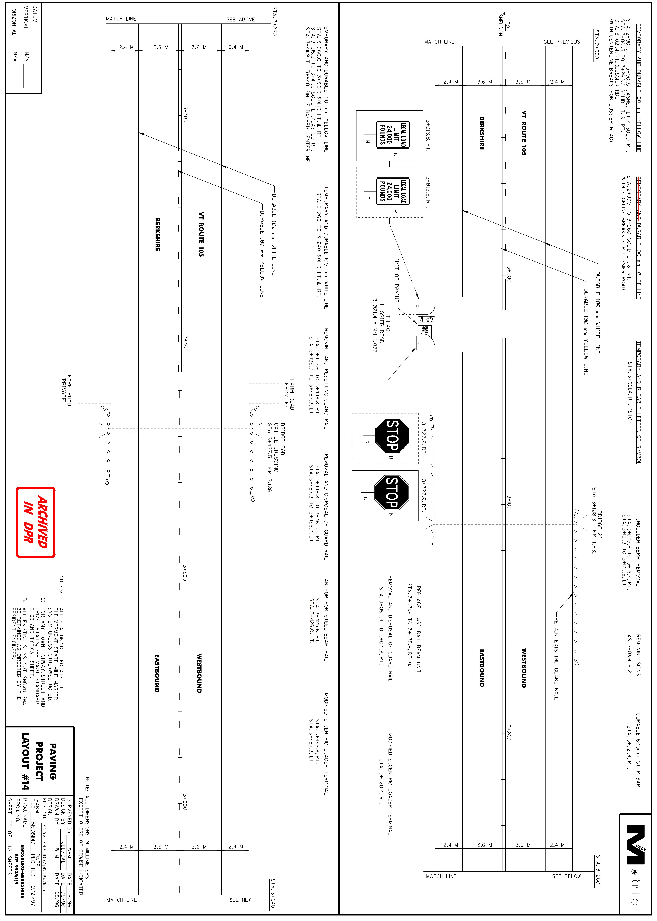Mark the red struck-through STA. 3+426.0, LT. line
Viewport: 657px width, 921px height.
click(x=312, y=621)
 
